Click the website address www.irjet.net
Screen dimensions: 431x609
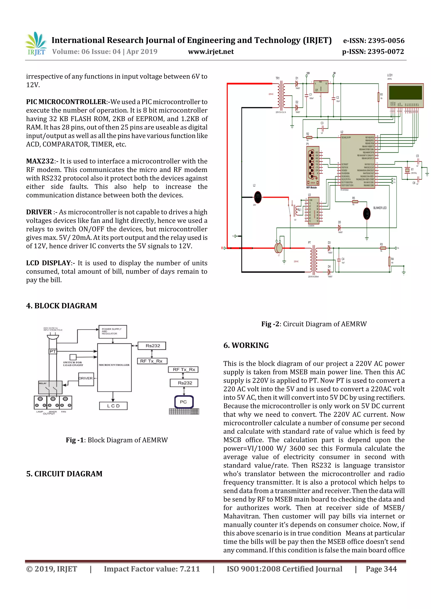point(211,52)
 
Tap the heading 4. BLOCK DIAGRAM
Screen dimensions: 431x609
point(62,306)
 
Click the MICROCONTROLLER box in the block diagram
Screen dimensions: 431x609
point(114,367)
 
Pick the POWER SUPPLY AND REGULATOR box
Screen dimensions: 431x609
point(113,332)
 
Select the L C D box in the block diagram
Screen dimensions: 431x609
point(113,406)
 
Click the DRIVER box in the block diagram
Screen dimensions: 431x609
point(86,379)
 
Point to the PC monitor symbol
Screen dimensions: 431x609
point(184,402)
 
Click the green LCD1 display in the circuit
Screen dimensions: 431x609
point(405,92)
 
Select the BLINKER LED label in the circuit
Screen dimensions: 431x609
point(380,208)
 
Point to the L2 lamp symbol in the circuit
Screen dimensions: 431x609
point(258,197)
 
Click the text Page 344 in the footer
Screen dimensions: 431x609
point(381,569)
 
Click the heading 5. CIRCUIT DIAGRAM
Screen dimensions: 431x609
point(64,474)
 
